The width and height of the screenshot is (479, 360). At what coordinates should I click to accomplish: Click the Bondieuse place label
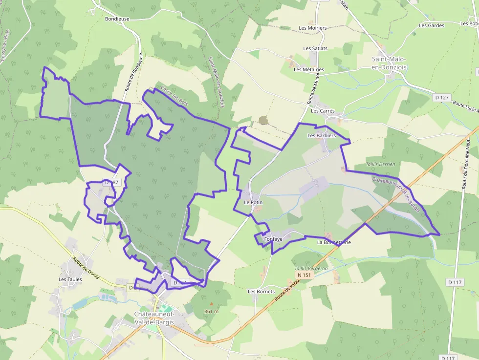click(x=117, y=19)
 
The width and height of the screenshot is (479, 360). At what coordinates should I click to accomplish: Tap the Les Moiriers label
click(x=313, y=28)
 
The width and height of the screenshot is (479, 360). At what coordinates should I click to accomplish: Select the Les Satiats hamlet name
click(x=315, y=48)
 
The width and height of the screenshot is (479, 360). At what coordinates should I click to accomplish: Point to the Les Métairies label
click(x=309, y=69)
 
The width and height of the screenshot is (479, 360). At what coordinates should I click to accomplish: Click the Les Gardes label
click(x=432, y=25)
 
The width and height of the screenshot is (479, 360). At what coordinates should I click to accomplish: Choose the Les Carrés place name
click(x=323, y=111)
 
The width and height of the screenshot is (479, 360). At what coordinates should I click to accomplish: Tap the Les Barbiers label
click(x=322, y=135)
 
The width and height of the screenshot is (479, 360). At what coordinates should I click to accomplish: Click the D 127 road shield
click(x=441, y=98)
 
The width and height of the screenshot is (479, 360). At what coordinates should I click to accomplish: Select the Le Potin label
click(x=253, y=202)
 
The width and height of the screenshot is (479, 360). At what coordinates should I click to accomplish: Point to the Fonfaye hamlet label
click(x=273, y=239)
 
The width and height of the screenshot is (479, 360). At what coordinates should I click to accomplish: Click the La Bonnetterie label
click(x=334, y=242)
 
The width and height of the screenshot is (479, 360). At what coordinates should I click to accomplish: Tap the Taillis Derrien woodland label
click(x=380, y=164)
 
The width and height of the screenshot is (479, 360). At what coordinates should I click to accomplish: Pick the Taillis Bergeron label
click(x=311, y=268)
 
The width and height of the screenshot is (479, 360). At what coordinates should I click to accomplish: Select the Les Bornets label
click(x=261, y=292)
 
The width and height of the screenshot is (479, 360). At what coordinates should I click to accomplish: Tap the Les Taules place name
click(x=70, y=279)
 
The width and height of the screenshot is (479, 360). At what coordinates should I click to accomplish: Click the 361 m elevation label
click(x=211, y=311)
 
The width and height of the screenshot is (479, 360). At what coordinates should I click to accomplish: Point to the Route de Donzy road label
click(x=87, y=268)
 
